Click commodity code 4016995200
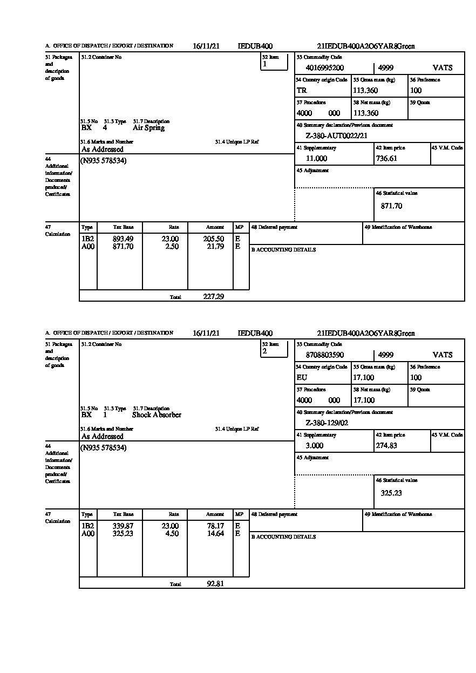[325, 68]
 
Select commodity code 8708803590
[325, 355]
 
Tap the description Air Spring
[148, 128]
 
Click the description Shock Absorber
[157, 415]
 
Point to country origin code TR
[302, 91]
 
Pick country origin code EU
[302, 378]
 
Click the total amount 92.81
[215, 584]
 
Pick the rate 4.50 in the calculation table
[171, 534]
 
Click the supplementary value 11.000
[316, 159]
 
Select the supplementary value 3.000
[315, 446]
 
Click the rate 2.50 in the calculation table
[171, 247]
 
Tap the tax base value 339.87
[123, 526]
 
